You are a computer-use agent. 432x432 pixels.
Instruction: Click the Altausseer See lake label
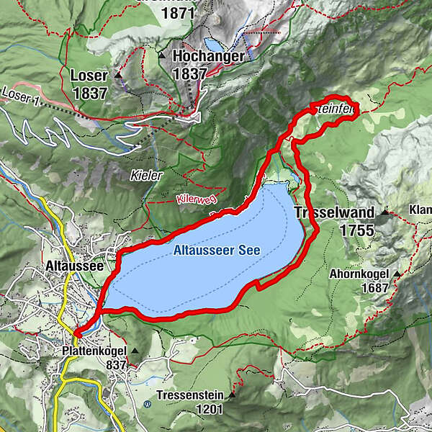[x=216, y=251]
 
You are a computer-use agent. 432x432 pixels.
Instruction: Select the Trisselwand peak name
[x=335, y=212]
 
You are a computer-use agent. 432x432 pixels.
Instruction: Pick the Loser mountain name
[x=89, y=75]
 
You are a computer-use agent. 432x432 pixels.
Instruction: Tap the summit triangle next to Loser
[x=117, y=75]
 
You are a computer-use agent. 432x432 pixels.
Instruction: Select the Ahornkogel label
[x=361, y=274]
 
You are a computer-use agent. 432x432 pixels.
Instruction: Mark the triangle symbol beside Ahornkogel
[x=397, y=274]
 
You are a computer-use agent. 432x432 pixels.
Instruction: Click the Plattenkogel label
[x=94, y=351]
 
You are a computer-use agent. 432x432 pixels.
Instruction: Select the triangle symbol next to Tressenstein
[x=232, y=395]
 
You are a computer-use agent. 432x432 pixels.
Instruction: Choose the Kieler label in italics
[x=144, y=175]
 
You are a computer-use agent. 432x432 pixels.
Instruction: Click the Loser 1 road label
[x=19, y=95]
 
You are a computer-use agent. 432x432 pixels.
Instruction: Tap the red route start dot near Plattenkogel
[x=77, y=332]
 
